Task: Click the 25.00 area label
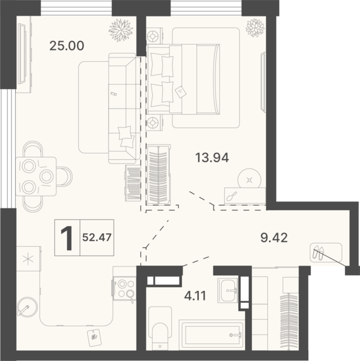(x=66, y=45)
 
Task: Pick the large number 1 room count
(x=65, y=238)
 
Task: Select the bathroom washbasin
(x=227, y=290)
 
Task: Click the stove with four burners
(x=124, y=288)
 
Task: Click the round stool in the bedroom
(x=249, y=179)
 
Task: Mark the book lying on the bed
(x=181, y=91)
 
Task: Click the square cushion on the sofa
(x=125, y=133)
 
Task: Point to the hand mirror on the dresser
(x=231, y=196)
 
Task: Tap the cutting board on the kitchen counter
(x=95, y=337)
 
